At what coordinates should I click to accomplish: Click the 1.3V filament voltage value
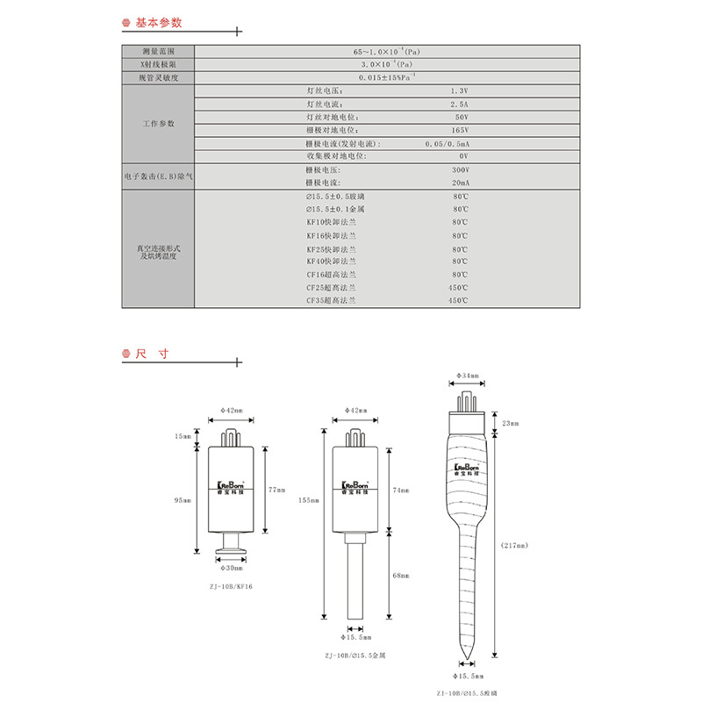461,91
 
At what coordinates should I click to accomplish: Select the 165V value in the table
461,130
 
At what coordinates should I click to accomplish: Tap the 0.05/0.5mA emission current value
448,143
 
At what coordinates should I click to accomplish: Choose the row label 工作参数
158,123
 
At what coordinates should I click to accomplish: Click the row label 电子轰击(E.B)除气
158,175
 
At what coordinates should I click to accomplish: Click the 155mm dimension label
307,500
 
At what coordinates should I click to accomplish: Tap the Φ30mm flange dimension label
231,569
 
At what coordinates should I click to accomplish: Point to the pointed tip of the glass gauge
469,660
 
